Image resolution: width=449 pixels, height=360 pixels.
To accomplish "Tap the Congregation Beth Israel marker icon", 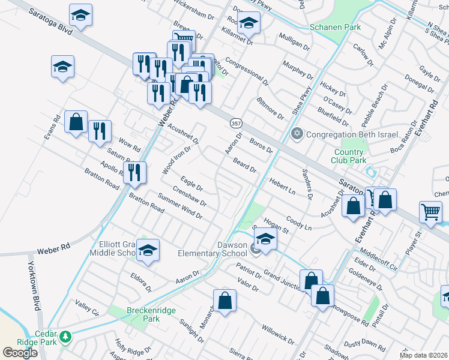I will pyautogui.click(x=296, y=134).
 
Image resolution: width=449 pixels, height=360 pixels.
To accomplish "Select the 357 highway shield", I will pyautogui.click(x=235, y=122).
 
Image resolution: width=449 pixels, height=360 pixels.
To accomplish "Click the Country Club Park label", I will pyautogui.click(x=349, y=157).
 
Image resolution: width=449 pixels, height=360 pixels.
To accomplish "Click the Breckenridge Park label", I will pyautogui.click(x=143, y=315).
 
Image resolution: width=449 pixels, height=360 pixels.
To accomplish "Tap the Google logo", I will pyautogui.click(x=20, y=352).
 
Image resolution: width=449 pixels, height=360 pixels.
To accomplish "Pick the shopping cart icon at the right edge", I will pyautogui.click(x=431, y=211).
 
